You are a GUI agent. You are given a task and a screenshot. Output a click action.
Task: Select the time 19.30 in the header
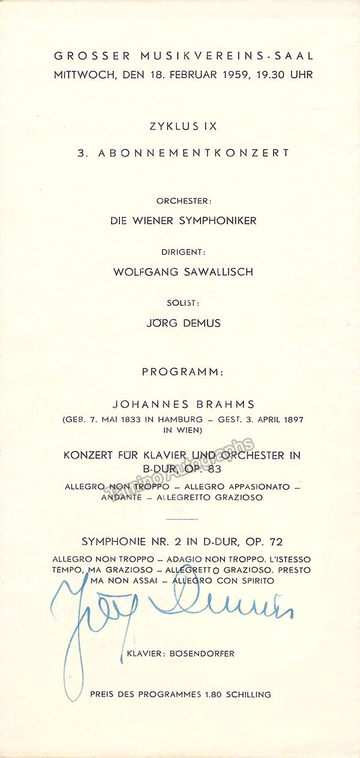pos(272,75)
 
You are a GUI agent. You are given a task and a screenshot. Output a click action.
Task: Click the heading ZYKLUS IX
pos(184,127)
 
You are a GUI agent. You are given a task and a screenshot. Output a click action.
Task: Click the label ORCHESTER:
pos(184,200)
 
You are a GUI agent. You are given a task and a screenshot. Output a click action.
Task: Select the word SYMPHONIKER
pos(221,221)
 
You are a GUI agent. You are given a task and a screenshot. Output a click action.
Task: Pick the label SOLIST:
pos(184,303)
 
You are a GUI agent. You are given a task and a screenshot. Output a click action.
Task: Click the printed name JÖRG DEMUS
pos(184,323)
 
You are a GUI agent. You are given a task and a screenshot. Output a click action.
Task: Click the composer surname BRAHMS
pos(222,404)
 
